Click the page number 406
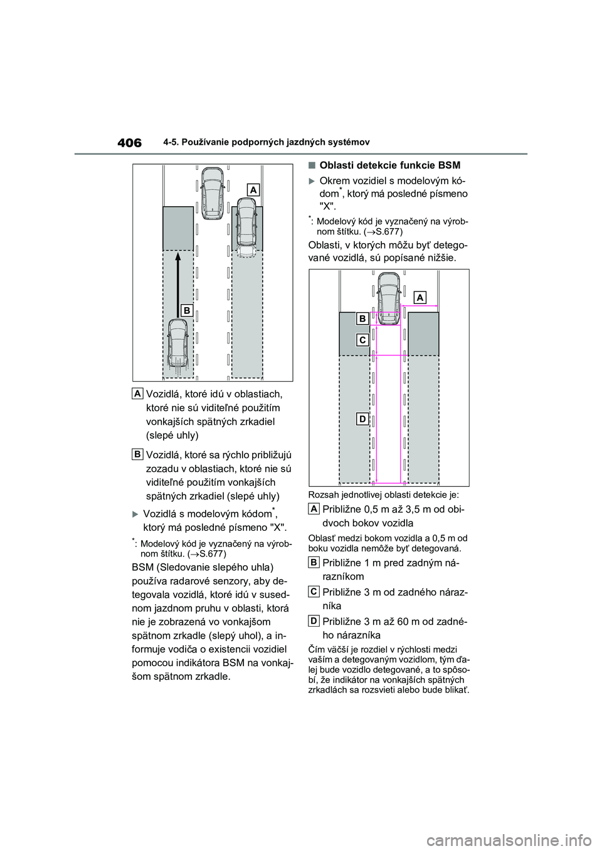point(129,143)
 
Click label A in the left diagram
point(253,189)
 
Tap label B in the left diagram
point(186,310)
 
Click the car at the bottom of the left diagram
point(178,347)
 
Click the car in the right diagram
point(389,298)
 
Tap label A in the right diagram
point(420,297)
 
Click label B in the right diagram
point(362,319)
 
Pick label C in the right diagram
point(362,340)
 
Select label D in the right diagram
point(362,419)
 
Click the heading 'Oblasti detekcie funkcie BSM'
point(389,165)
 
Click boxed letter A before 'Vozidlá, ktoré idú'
point(137,393)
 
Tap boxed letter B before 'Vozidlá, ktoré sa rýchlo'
point(137,453)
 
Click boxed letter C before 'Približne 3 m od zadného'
point(314,591)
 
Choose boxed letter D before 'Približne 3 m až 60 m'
point(314,620)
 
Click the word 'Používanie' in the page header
point(217,142)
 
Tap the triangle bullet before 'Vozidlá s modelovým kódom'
point(135,514)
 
